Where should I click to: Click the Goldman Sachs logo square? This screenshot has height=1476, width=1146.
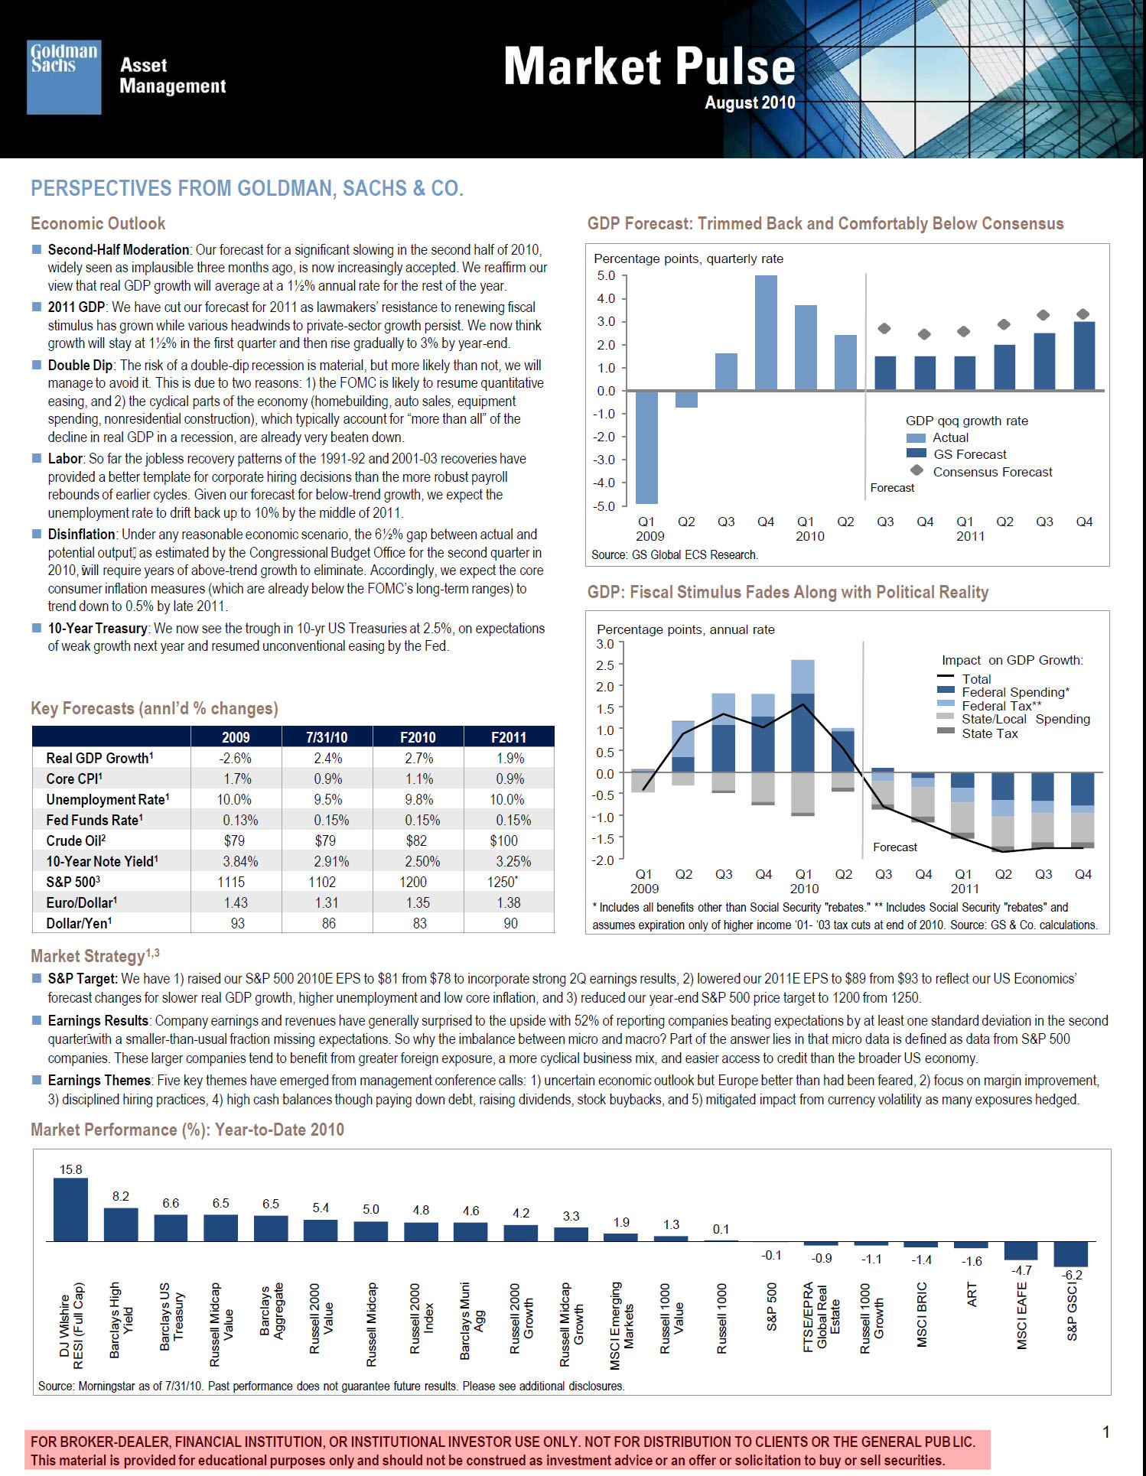(x=64, y=77)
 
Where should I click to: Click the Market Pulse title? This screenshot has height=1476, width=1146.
(x=650, y=67)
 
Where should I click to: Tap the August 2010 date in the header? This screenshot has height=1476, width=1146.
(x=750, y=102)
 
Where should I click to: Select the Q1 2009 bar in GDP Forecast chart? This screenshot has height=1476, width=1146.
(x=646, y=447)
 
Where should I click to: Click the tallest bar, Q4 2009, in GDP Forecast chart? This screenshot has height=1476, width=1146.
(x=766, y=333)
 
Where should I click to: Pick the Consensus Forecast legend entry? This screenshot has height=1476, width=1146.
(x=982, y=472)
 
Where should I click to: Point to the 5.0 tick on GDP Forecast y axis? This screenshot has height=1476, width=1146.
(x=606, y=275)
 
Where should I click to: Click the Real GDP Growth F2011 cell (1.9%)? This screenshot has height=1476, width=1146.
(x=510, y=758)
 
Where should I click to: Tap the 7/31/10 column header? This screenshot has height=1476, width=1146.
(x=327, y=737)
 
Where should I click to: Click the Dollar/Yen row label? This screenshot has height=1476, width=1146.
(x=79, y=923)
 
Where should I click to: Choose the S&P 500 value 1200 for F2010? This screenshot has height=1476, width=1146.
(x=413, y=882)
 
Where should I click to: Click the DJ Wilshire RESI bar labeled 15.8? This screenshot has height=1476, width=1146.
(x=70, y=1209)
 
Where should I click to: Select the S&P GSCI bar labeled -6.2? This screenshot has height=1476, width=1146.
(x=1070, y=1254)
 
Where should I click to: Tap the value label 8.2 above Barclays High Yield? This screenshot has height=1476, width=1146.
(x=121, y=1196)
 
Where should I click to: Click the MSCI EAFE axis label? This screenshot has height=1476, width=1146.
(x=1022, y=1315)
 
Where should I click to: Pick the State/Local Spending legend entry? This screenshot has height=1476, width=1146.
(x=1014, y=719)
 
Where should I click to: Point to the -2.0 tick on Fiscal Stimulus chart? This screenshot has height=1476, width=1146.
(x=605, y=860)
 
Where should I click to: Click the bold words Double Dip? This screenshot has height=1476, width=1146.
(x=80, y=365)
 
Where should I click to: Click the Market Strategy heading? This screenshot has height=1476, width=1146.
(x=95, y=955)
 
